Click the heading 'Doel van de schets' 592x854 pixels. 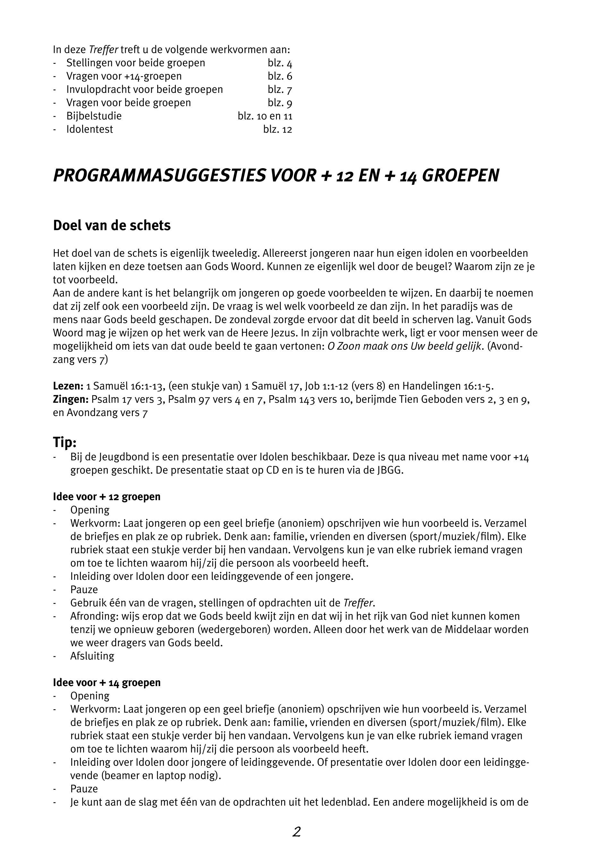coord(112,226)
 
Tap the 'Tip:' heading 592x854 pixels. coord(64,442)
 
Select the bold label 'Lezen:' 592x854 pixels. coord(68,386)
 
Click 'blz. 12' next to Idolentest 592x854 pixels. coord(278,129)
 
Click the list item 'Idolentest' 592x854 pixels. coord(90,129)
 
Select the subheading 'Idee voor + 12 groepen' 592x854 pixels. coord(107,497)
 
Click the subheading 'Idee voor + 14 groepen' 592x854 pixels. coord(107,683)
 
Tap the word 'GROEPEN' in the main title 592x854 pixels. coord(460,176)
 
